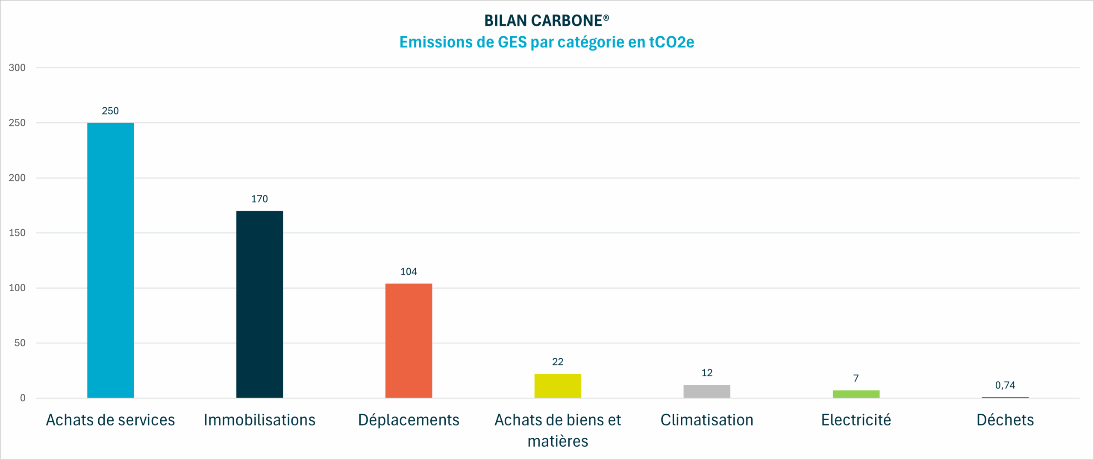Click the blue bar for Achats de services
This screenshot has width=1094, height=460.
(110, 260)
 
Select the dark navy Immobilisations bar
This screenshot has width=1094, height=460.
(259, 304)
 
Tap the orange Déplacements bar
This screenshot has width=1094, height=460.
(409, 340)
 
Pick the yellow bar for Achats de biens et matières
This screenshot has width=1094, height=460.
(558, 386)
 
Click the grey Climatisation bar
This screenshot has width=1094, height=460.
(707, 391)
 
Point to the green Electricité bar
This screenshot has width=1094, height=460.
(856, 394)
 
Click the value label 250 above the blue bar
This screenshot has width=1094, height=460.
(110, 111)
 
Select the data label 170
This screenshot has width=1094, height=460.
(259, 199)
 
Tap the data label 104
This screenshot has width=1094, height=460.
(409, 272)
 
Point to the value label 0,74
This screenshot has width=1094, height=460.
(1005, 385)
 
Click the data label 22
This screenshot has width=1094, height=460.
(558, 362)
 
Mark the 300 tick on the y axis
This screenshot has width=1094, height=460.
(17, 67)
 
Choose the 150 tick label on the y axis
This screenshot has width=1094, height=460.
(17, 233)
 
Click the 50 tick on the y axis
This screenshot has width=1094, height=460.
(20, 343)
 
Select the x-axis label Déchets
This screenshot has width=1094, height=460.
(1005, 420)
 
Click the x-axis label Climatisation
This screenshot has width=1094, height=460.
(707, 420)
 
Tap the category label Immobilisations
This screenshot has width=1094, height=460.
(259, 420)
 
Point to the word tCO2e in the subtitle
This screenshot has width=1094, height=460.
(671, 42)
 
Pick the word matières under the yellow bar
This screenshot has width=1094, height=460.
(558, 441)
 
